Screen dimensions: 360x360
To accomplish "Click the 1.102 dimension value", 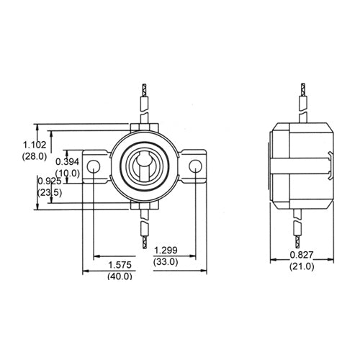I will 35,144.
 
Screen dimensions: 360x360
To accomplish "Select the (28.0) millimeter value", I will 35,156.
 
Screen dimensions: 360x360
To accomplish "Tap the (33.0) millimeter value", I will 166,261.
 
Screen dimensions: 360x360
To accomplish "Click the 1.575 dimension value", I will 120,265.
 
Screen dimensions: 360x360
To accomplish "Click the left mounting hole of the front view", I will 94,167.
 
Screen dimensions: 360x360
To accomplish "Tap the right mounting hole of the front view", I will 196,167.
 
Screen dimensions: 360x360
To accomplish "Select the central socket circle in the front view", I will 144,168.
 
